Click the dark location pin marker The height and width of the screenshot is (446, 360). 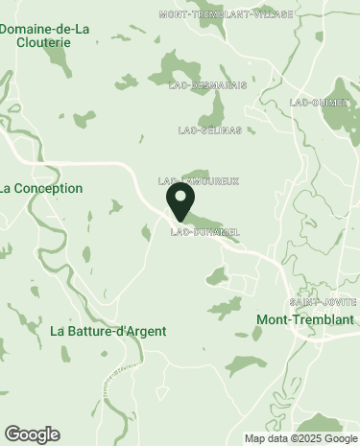point(180,201)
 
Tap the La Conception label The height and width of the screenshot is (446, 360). point(41,189)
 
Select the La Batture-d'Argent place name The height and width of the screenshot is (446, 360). point(108,331)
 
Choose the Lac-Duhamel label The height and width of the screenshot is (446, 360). point(204,232)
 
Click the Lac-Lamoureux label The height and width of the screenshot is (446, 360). point(197,180)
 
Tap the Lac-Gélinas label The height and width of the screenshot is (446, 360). point(204,129)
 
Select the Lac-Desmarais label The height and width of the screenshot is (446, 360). point(206,85)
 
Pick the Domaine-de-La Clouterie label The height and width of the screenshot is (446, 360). point(44,35)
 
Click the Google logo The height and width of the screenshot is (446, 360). point(32,434)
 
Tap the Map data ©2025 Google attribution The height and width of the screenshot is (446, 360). point(299,438)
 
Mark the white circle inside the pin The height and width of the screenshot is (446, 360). point(180,196)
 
